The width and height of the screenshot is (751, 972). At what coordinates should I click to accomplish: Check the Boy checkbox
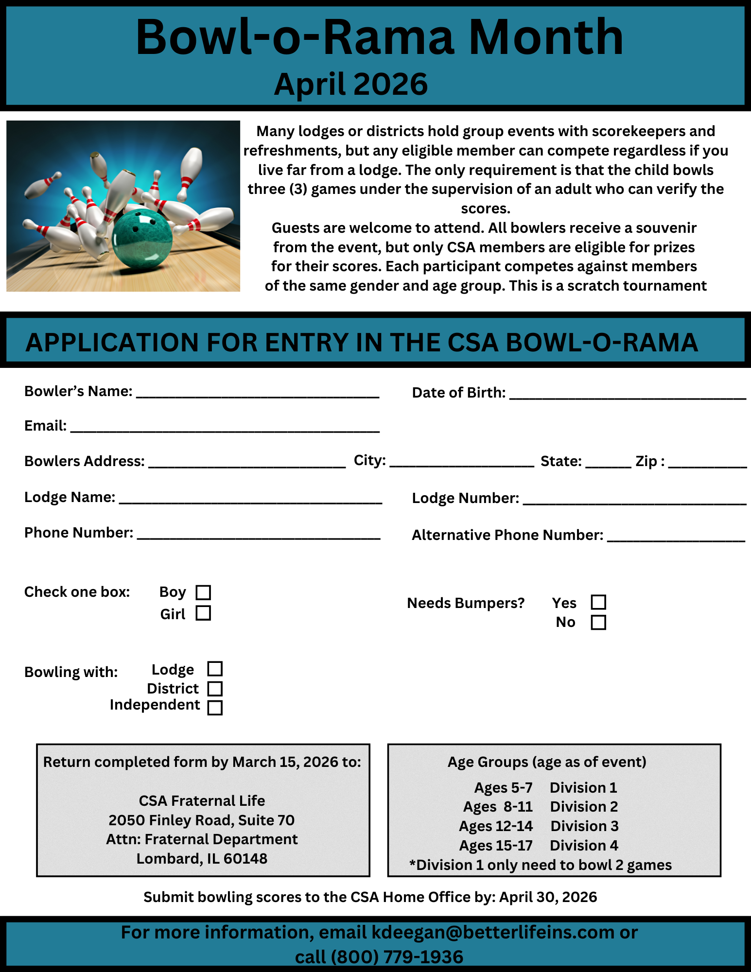(203, 592)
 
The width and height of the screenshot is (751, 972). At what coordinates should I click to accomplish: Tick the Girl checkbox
(203, 613)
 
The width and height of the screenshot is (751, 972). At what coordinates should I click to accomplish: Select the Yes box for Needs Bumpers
(598, 602)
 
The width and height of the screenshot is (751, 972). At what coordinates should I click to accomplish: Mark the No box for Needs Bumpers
(598, 623)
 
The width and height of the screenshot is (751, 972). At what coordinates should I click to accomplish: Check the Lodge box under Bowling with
(215, 669)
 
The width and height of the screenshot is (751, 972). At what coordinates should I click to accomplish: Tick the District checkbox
(215, 689)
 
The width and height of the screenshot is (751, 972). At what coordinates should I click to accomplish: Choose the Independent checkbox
(215, 707)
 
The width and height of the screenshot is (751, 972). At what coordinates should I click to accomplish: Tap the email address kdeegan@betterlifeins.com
(493, 933)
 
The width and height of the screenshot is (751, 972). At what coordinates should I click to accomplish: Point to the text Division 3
(584, 826)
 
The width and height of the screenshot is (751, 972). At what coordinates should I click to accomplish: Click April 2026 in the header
(350, 84)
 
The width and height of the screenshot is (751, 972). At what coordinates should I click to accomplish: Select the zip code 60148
(245, 859)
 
